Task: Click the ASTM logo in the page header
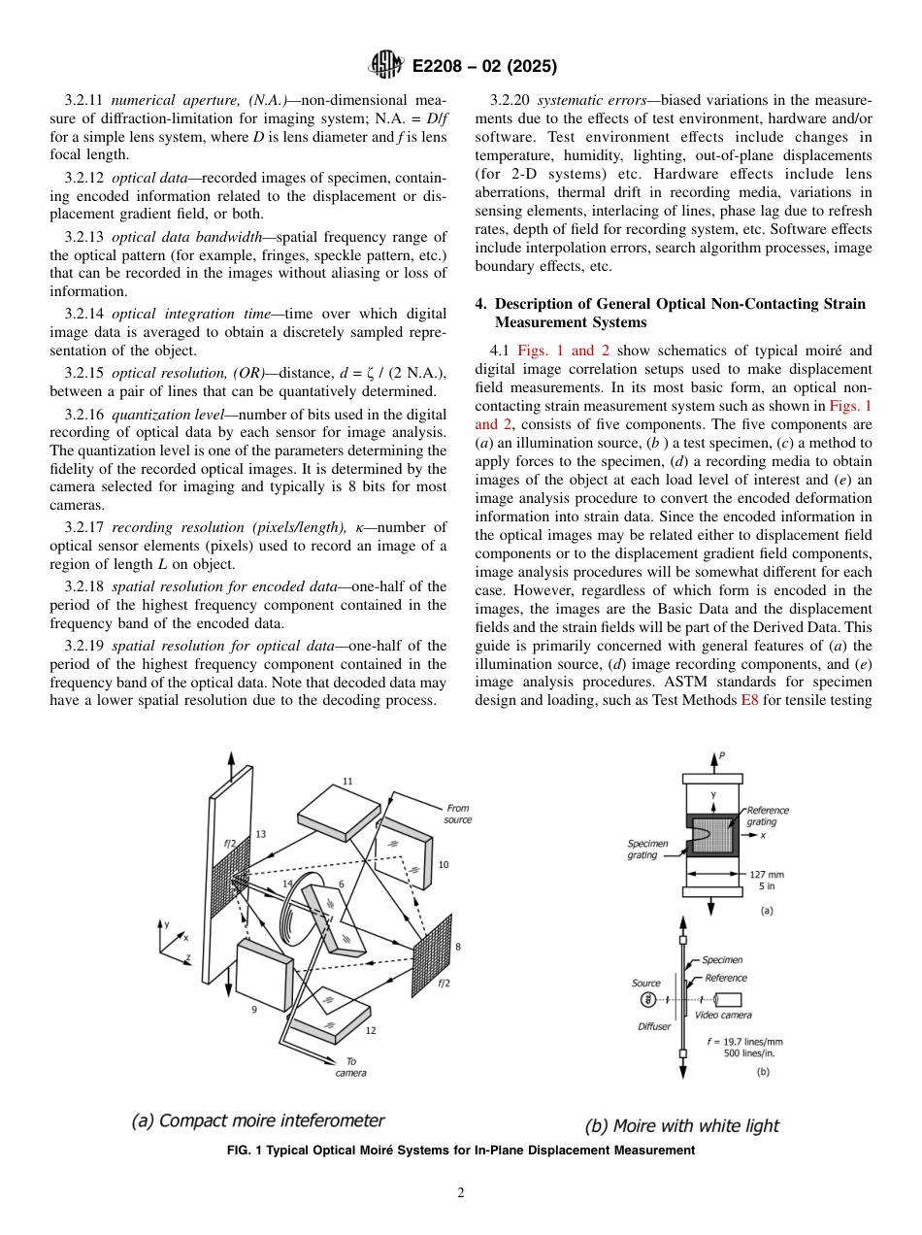click(x=386, y=66)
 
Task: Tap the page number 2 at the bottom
click(x=460, y=1193)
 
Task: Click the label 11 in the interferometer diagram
click(x=347, y=781)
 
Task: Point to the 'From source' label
click(x=458, y=814)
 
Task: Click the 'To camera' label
click(x=350, y=1067)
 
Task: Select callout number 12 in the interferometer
click(x=371, y=1029)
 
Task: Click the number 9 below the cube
click(x=253, y=1009)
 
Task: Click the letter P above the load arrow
click(x=721, y=755)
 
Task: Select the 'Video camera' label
click(x=723, y=1015)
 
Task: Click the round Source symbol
click(x=646, y=1000)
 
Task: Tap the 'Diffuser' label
click(x=654, y=1026)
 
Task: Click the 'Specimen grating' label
click(x=647, y=850)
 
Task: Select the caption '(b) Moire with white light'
click(x=681, y=1126)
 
